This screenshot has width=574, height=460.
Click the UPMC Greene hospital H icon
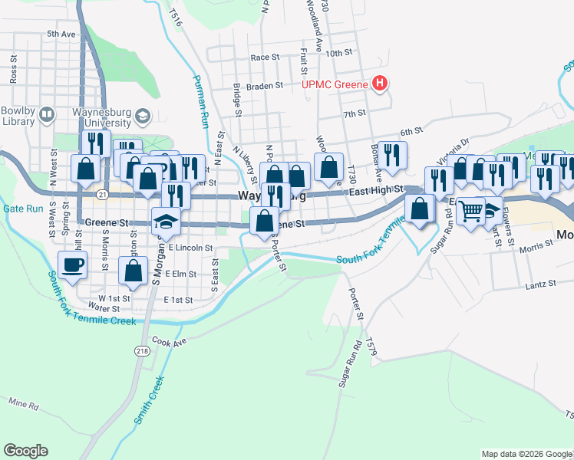378,84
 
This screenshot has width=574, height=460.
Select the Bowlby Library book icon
47,115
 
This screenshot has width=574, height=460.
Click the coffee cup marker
73,265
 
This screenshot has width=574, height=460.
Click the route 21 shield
101,195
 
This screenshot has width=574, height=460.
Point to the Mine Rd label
24,402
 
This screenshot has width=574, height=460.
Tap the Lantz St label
541,284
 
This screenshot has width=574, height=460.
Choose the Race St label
265,58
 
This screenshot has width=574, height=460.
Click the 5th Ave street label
61,34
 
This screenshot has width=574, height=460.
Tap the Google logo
25,451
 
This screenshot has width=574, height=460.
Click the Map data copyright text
526,454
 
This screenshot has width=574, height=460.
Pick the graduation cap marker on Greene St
164,222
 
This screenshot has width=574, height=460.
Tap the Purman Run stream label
200,100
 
